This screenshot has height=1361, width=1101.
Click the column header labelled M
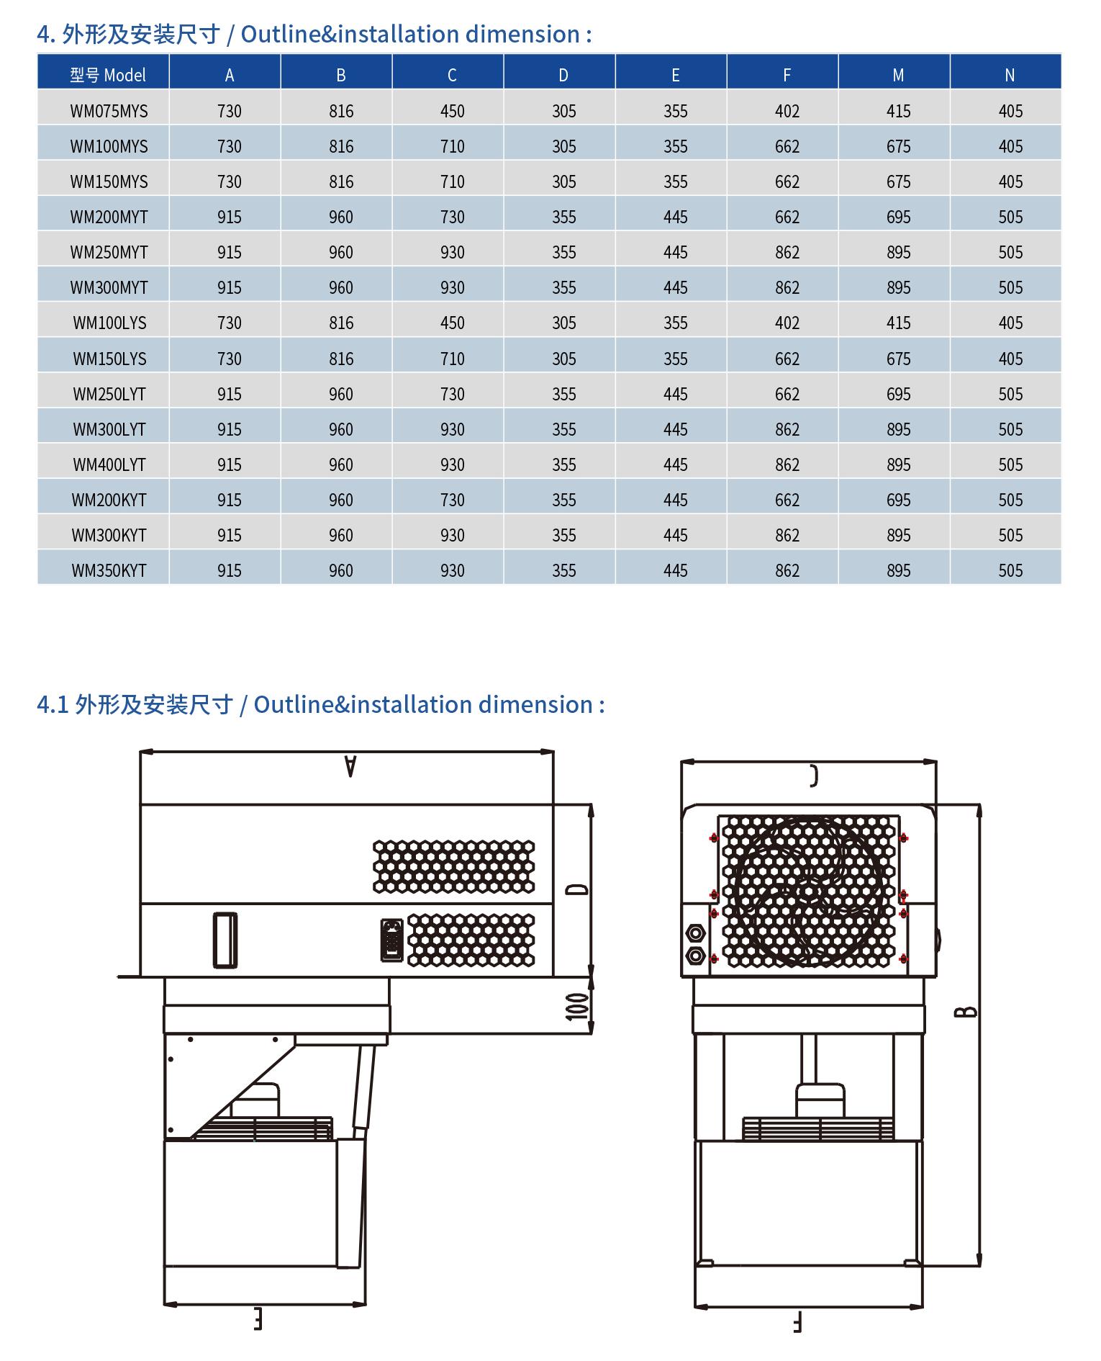(x=898, y=75)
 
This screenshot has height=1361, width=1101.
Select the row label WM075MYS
(x=109, y=111)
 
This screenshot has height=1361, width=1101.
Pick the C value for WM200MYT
(x=452, y=217)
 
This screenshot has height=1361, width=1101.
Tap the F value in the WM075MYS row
(x=787, y=111)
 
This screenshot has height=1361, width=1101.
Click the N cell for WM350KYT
(x=1010, y=570)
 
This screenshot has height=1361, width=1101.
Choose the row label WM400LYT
(x=109, y=464)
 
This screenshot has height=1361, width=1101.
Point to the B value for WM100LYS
(x=341, y=323)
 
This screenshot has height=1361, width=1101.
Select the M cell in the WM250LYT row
(x=898, y=394)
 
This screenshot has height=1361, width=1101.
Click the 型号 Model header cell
(x=108, y=75)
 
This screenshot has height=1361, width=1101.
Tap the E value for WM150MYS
(x=675, y=181)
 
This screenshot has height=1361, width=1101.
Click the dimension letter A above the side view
(x=350, y=765)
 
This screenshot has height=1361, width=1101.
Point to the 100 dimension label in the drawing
(x=577, y=1006)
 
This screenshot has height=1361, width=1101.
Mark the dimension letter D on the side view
(x=577, y=889)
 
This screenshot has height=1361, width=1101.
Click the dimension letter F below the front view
(x=798, y=1323)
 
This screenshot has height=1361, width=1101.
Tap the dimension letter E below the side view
(x=258, y=1319)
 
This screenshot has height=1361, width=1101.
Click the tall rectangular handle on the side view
(x=225, y=940)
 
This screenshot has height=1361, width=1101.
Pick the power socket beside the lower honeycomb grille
(x=391, y=939)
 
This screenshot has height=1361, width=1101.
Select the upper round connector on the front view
(x=696, y=933)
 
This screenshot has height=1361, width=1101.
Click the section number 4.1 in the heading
(x=53, y=704)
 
